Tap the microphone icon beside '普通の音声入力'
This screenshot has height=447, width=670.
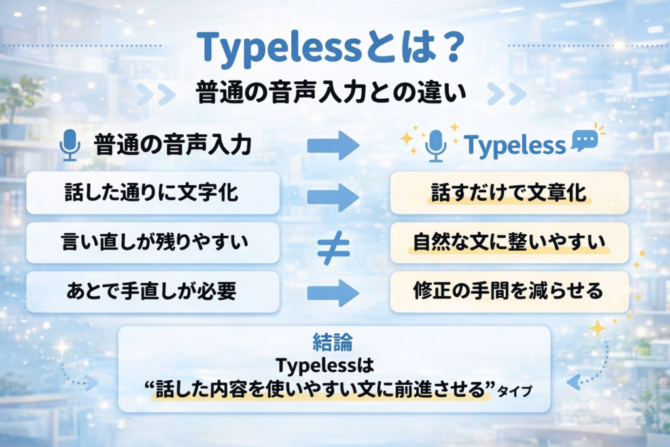pyautogui.click(x=69, y=145)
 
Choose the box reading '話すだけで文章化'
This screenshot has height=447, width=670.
pyautogui.click(x=509, y=193)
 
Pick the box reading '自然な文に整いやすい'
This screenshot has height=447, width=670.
pyautogui.click(x=509, y=243)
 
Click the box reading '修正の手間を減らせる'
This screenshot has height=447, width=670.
pyautogui.click(x=509, y=292)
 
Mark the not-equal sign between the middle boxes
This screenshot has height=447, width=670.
pyautogui.click(x=333, y=247)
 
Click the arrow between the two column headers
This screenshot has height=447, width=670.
pyautogui.click(x=333, y=145)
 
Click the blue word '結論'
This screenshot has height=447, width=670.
pyautogui.click(x=333, y=342)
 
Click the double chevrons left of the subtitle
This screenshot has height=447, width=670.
pyautogui.click(x=156, y=94)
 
